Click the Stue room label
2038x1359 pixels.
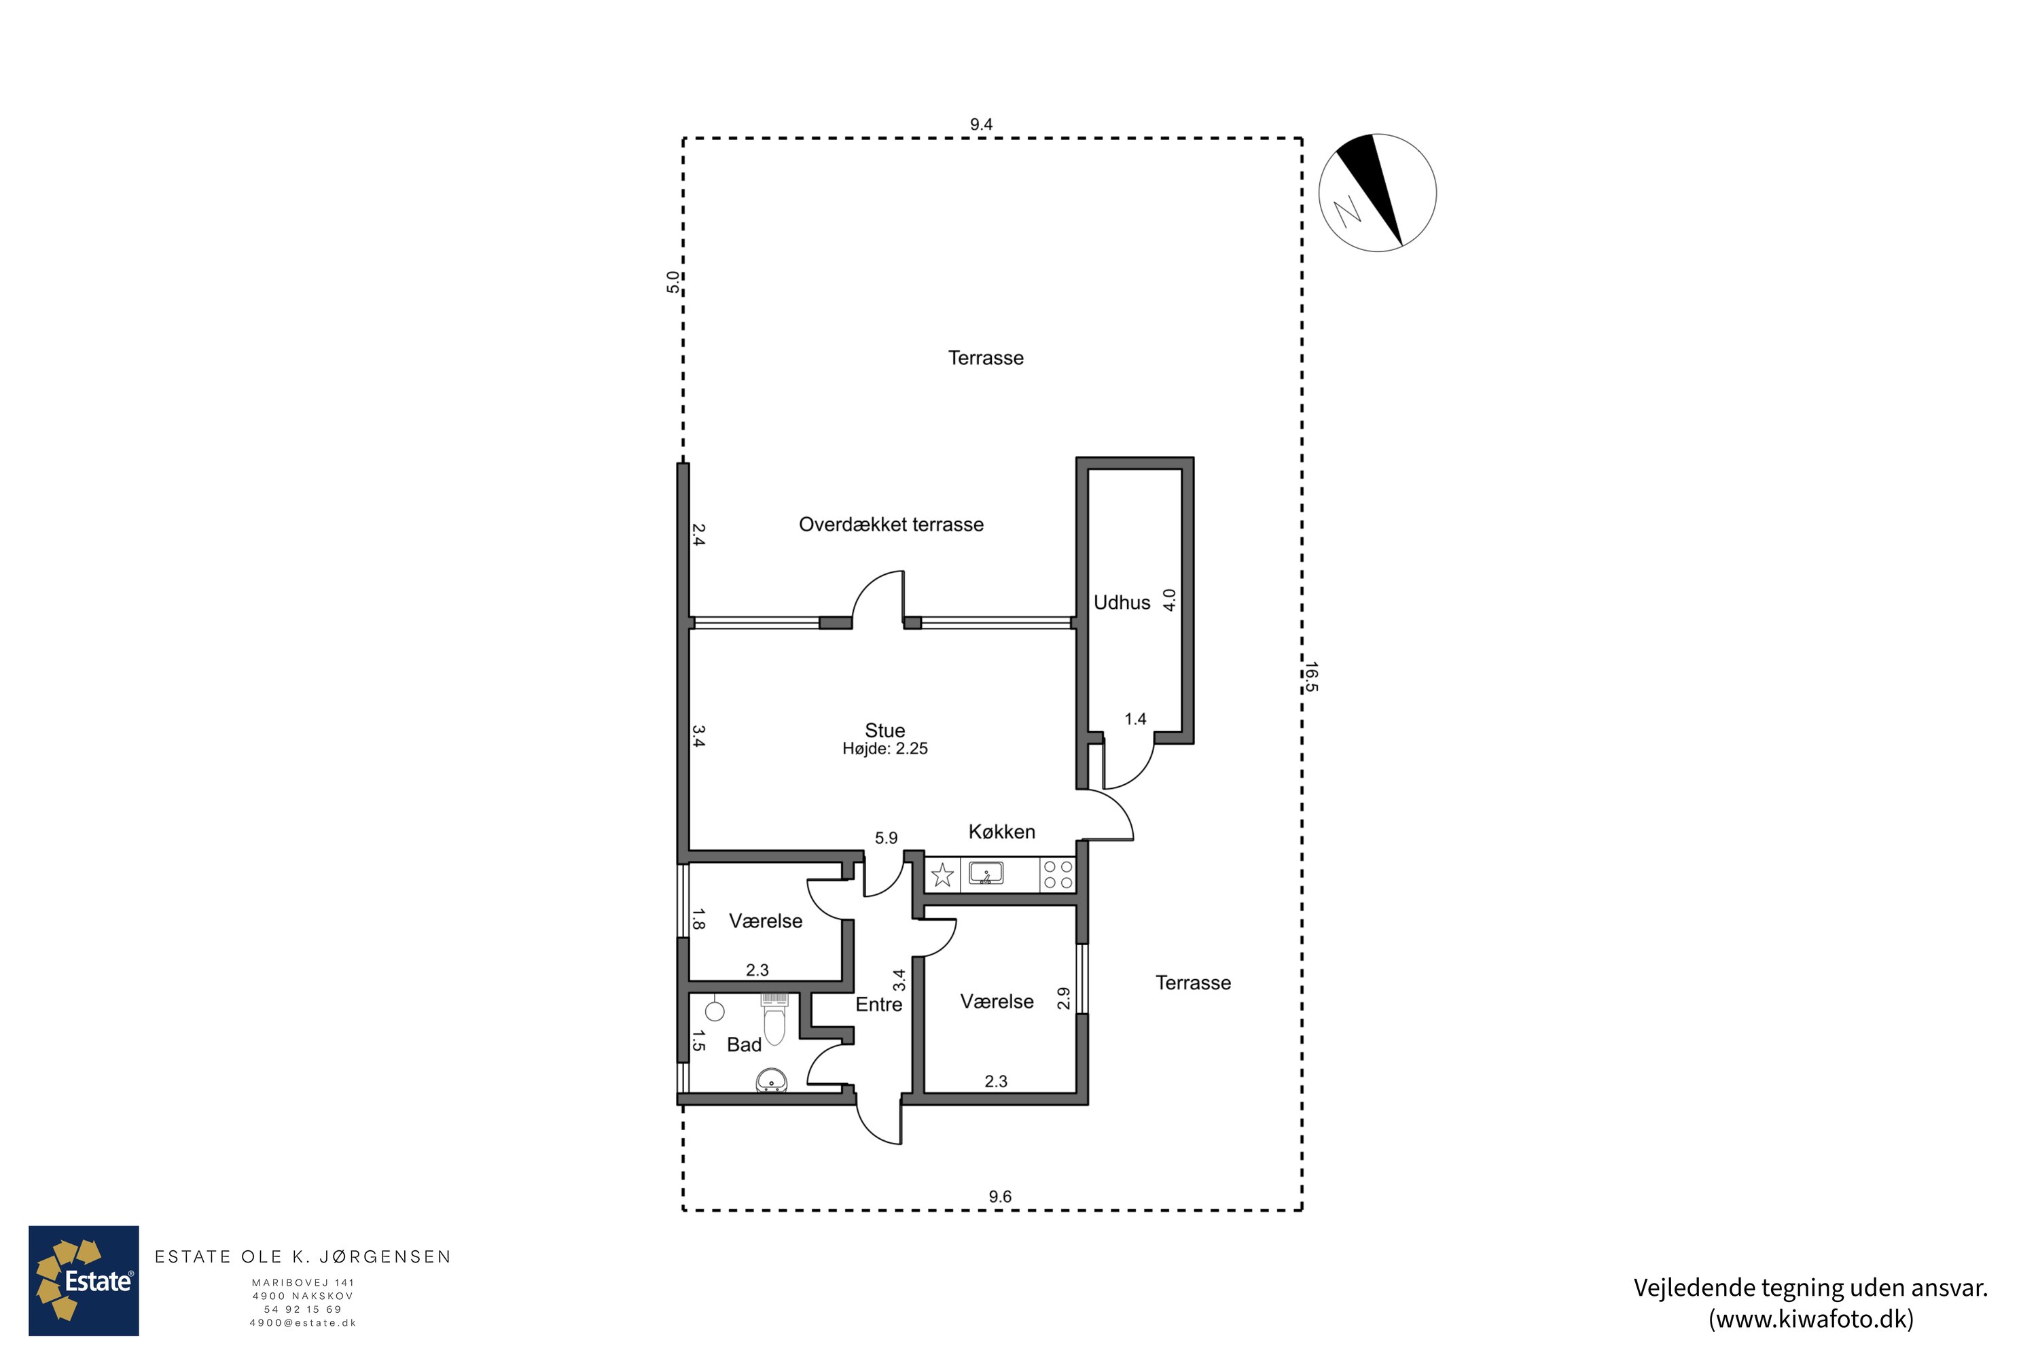pos(884,730)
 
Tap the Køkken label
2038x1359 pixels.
pos(1001,832)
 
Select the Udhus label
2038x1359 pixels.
pos(1122,602)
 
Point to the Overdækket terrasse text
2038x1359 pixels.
pos(891,525)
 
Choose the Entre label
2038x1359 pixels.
pos(878,1004)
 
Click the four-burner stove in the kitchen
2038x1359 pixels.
pos(1058,875)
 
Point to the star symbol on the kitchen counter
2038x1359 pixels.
pos(942,875)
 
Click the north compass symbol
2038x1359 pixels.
pos(1378,192)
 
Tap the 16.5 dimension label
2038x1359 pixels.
pos(1311,677)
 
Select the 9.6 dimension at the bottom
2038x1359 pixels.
pos(1000,1196)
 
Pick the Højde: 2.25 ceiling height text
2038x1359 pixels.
pos(884,749)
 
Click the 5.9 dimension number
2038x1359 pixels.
pos(886,838)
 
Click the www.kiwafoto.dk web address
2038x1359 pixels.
pos(1811,1319)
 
